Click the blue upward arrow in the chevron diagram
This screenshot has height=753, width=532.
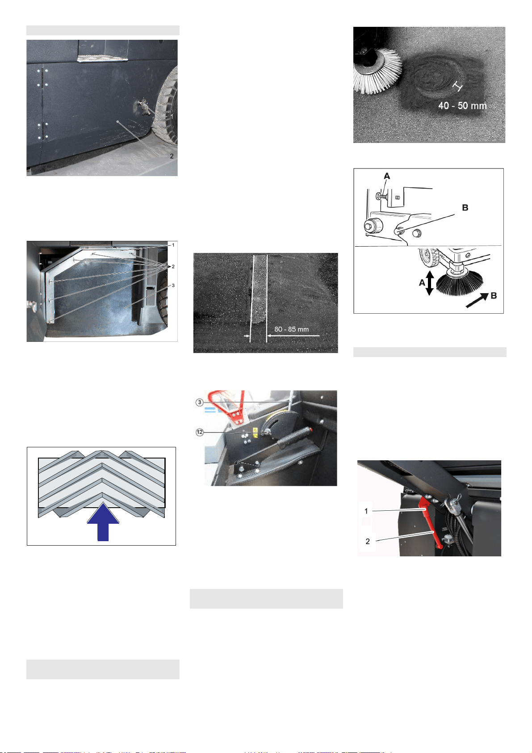pyautogui.click(x=103, y=522)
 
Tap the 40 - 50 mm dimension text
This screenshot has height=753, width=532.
pyautogui.click(x=462, y=105)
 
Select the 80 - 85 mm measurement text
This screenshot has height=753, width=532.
pyautogui.click(x=291, y=329)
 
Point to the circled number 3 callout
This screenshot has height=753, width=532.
pyautogui.click(x=200, y=402)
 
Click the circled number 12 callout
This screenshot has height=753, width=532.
pyautogui.click(x=200, y=432)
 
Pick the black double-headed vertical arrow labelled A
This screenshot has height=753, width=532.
pyautogui.click(x=430, y=283)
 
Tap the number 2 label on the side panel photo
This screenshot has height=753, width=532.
pyautogui.click(x=172, y=156)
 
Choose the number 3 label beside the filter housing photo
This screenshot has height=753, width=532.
pyautogui.click(x=173, y=286)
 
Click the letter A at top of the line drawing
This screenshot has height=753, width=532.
pyautogui.click(x=387, y=176)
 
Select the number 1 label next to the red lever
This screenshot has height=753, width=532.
pyautogui.click(x=366, y=511)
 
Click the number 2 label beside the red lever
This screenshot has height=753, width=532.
pyautogui.click(x=368, y=541)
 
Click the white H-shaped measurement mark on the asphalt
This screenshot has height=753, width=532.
pyautogui.click(x=457, y=86)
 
